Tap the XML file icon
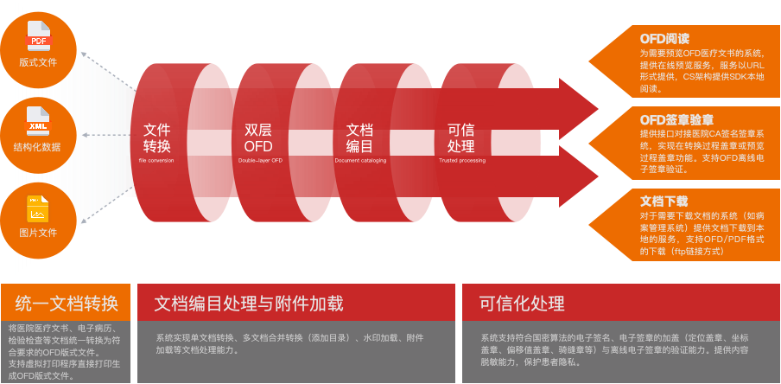click(x=38, y=122)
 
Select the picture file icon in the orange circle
click(x=38, y=208)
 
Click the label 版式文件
click(x=38, y=61)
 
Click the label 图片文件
click(x=38, y=233)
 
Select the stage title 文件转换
click(x=157, y=138)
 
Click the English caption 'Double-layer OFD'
click(x=259, y=161)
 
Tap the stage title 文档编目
click(x=359, y=138)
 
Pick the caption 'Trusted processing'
click(x=462, y=161)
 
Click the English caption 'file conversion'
click(x=156, y=161)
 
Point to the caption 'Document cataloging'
click(x=360, y=161)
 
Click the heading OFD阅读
click(x=664, y=39)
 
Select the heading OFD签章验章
click(x=676, y=119)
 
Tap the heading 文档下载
click(x=664, y=201)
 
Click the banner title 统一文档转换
click(x=67, y=303)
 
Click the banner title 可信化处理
click(x=522, y=303)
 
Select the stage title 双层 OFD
click(x=258, y=138)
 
